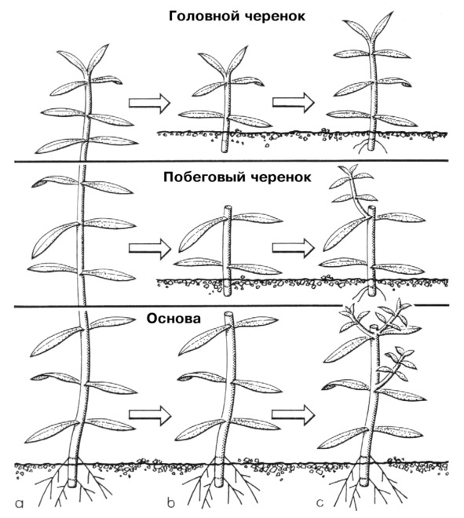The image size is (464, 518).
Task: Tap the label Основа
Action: [x=174, y=319]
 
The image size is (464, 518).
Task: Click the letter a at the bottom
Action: [x=20, y=504]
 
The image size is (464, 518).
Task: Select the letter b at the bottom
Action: [x=170, y=503]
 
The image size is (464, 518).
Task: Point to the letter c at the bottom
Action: [x=320, y=503]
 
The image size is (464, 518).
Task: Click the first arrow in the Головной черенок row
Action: [x=149, y=103]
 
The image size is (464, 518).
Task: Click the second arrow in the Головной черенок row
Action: [x=294, y=102]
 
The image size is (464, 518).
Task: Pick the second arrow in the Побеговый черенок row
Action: [x=294, y=247]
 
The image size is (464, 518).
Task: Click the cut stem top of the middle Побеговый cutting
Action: [x=227, y=208]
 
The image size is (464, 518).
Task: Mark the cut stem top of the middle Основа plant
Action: [x=228, y=314]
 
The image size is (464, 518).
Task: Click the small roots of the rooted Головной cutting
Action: [x=372, y=145]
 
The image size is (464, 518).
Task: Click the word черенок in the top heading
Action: [x=276, y=16]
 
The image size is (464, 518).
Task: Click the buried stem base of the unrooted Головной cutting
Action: [x=225, y=142]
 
